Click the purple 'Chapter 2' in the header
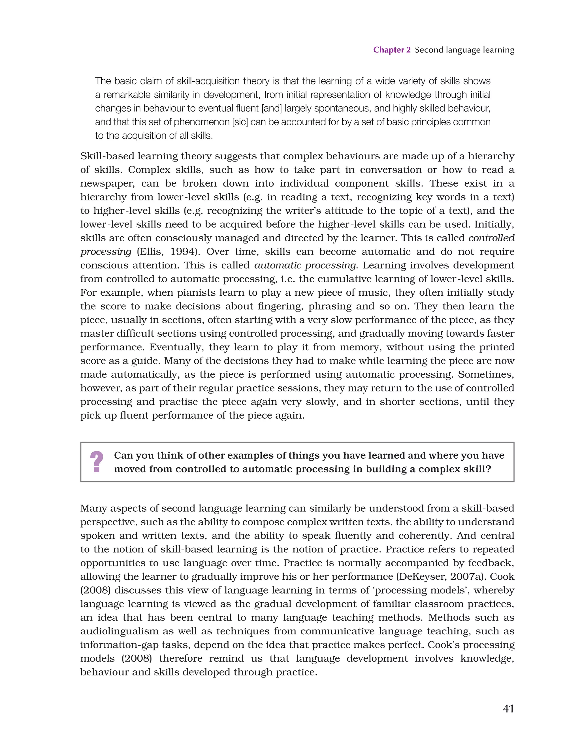pos(392,50)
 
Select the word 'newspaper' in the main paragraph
pos(107,183)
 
